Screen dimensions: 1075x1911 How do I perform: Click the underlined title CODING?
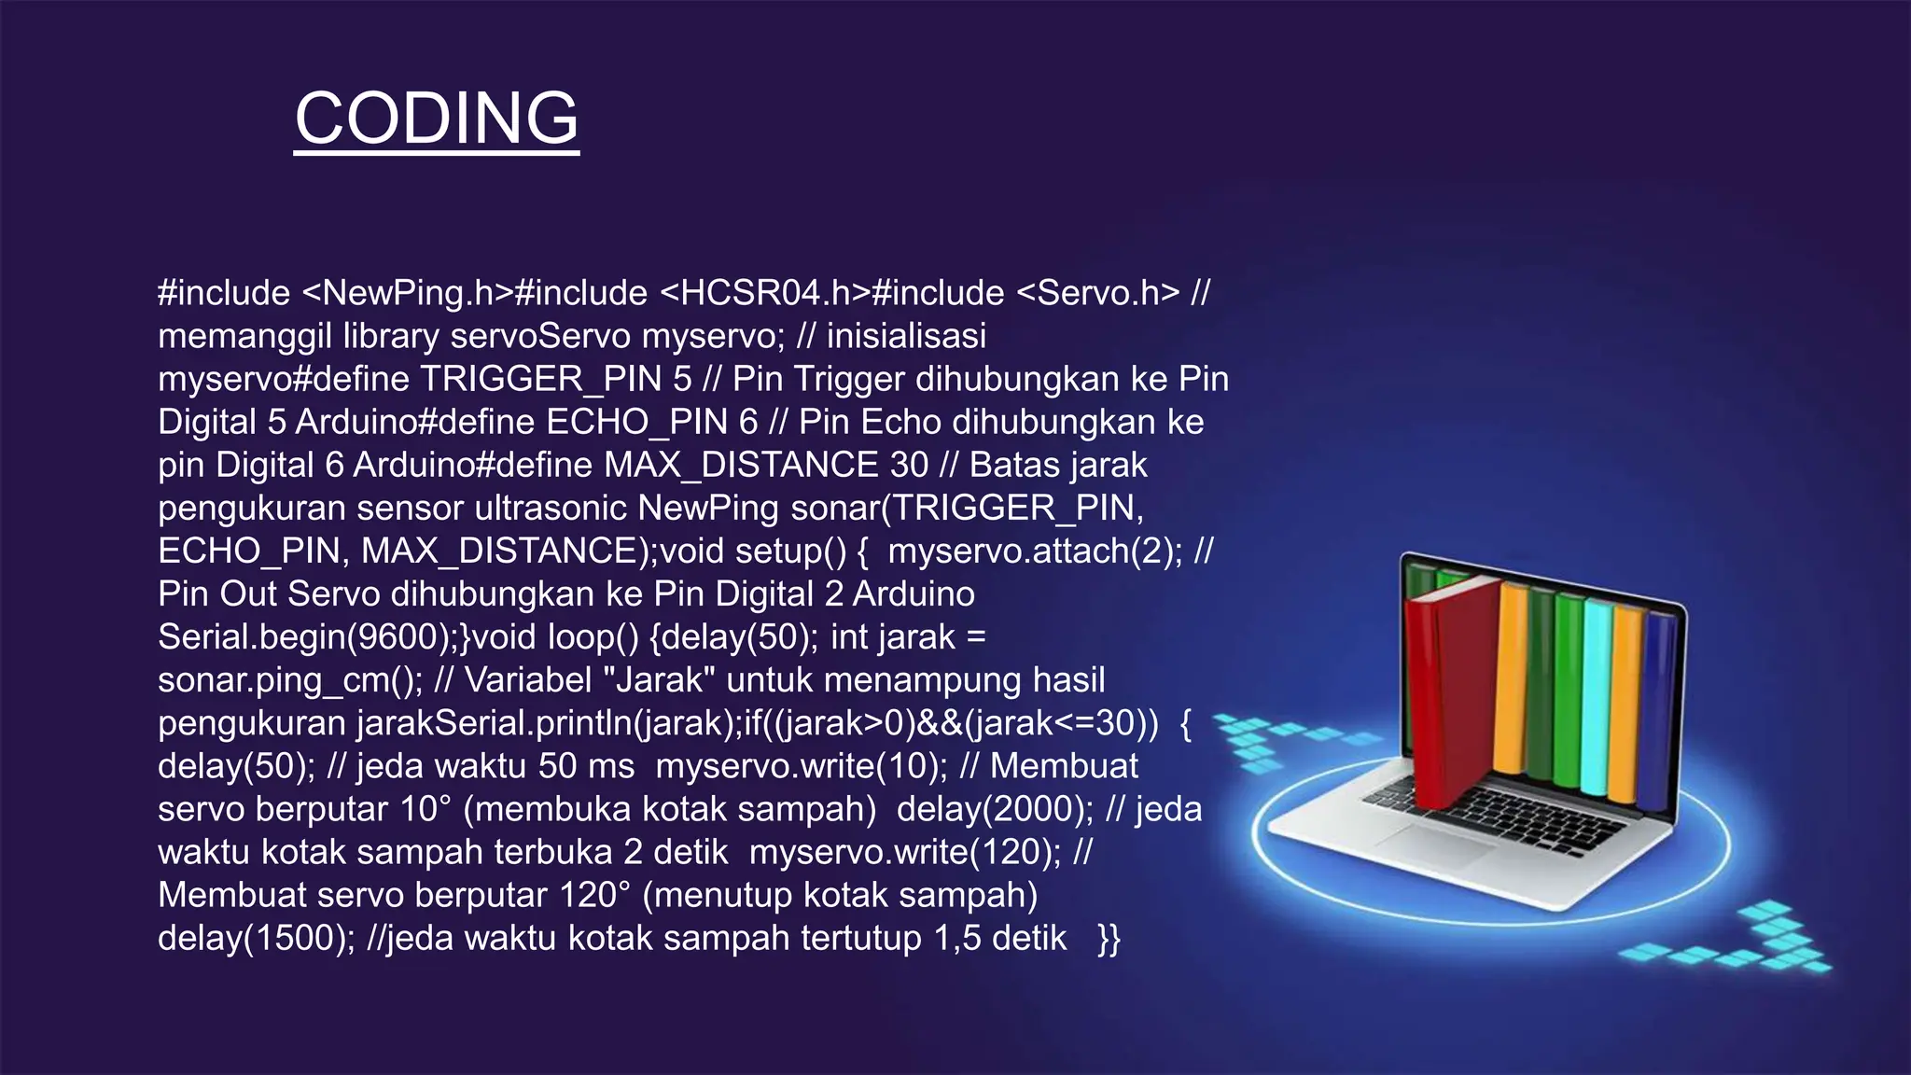[437, 118]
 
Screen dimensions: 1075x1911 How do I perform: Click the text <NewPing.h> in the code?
[408, 293]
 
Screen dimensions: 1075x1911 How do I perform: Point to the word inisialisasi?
[906, 336]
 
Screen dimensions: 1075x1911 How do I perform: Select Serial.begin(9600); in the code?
[309, 636]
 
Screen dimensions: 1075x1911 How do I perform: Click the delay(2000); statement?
[995, 808]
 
